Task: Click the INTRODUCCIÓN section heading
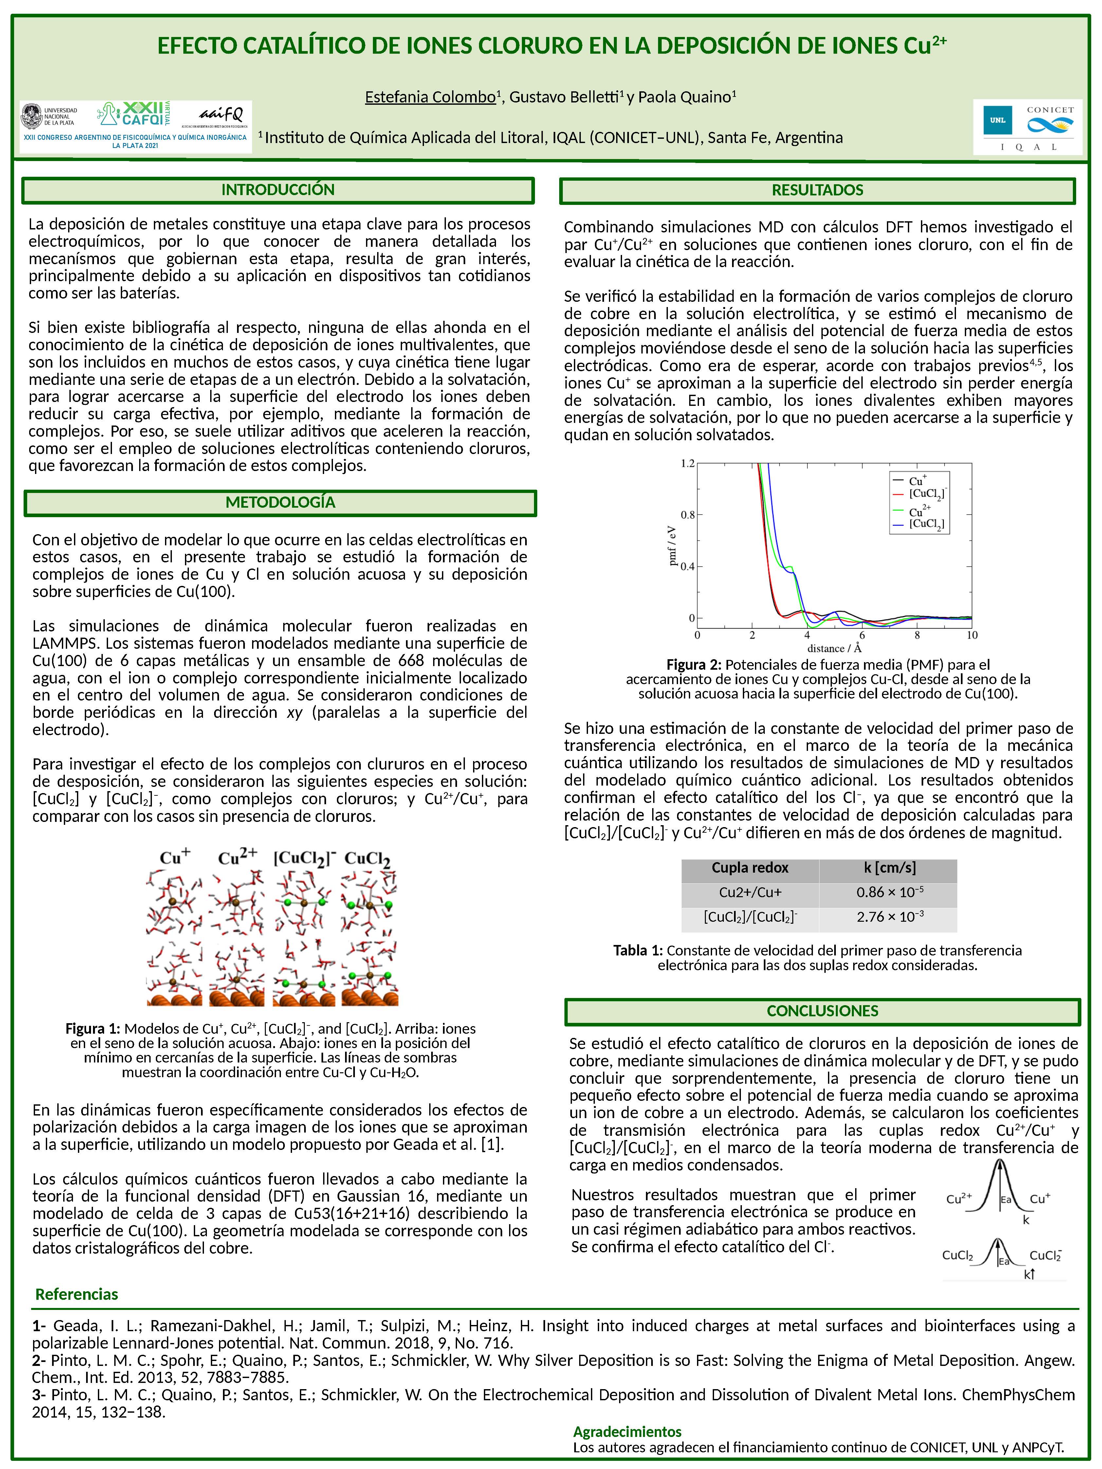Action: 278,190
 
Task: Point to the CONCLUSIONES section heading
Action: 822,1011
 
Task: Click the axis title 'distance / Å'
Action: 834,648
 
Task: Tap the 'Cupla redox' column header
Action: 750,868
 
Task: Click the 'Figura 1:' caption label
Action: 92,1029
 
